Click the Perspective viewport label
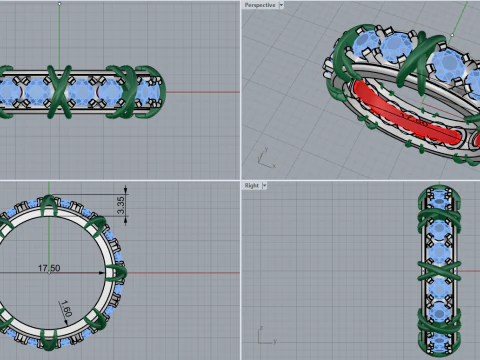tap(260, 5)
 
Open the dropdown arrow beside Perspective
tap(281, 5)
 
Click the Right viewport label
tap(252, 185)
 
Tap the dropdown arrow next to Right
tap(264, 185)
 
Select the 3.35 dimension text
tap(121, 205)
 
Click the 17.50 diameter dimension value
tap(49, 268)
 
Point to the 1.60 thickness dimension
tap(66, 308)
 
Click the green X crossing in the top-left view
tap(59, 92)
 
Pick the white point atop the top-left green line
tap(59, 4)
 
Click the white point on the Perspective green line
tap(452, 35)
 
